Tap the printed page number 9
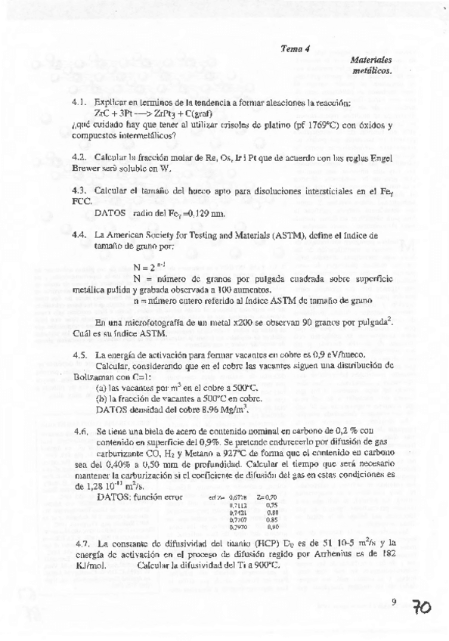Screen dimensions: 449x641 tap(395, 602)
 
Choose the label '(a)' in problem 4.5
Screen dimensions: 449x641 tap(101, 386)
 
